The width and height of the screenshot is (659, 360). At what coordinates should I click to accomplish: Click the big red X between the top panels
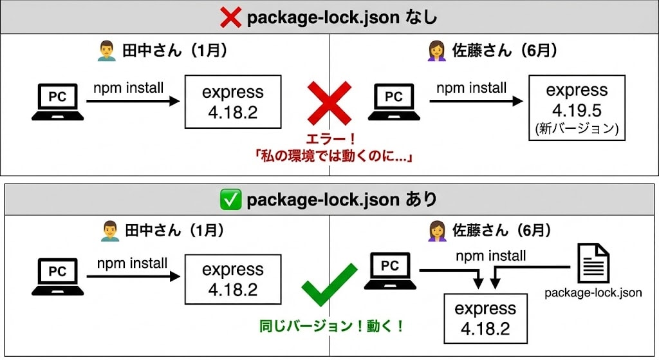(329, 104)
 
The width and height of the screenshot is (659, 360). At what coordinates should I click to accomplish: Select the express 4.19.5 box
(577, 107)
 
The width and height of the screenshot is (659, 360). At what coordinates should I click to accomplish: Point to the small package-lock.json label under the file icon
(593, 293)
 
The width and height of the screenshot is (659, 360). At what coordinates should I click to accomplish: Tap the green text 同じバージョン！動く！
(329, 326)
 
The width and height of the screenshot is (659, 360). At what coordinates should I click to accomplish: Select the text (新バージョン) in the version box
(577, 128)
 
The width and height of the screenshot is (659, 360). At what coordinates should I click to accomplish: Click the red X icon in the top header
(231, 17)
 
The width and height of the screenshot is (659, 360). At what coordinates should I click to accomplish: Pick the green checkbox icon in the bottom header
(230, 200)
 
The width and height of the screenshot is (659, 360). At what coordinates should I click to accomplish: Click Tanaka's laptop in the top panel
(58, 101)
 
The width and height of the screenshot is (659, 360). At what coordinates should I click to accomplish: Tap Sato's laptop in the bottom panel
(390, 271)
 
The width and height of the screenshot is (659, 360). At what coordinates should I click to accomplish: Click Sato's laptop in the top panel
(394, 101)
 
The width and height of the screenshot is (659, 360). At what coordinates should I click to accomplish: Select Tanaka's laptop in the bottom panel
(58, 276)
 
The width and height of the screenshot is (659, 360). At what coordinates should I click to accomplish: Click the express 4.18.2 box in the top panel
(233, 102)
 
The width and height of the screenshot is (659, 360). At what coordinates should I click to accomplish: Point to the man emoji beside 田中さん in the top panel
(107, 52)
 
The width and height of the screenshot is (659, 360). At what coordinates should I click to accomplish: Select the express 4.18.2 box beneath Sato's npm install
(485, 318)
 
